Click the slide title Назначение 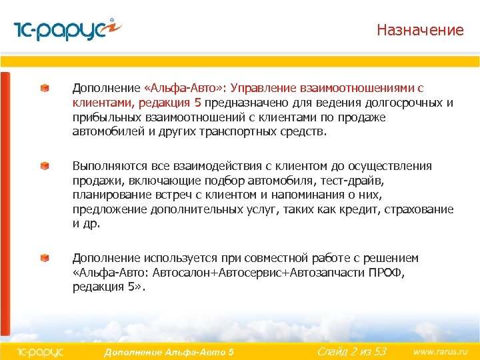click(419, 30)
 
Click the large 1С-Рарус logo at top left click(67, 31)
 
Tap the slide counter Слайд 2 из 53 click(351, 351)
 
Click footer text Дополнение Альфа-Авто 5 click(169, 351)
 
